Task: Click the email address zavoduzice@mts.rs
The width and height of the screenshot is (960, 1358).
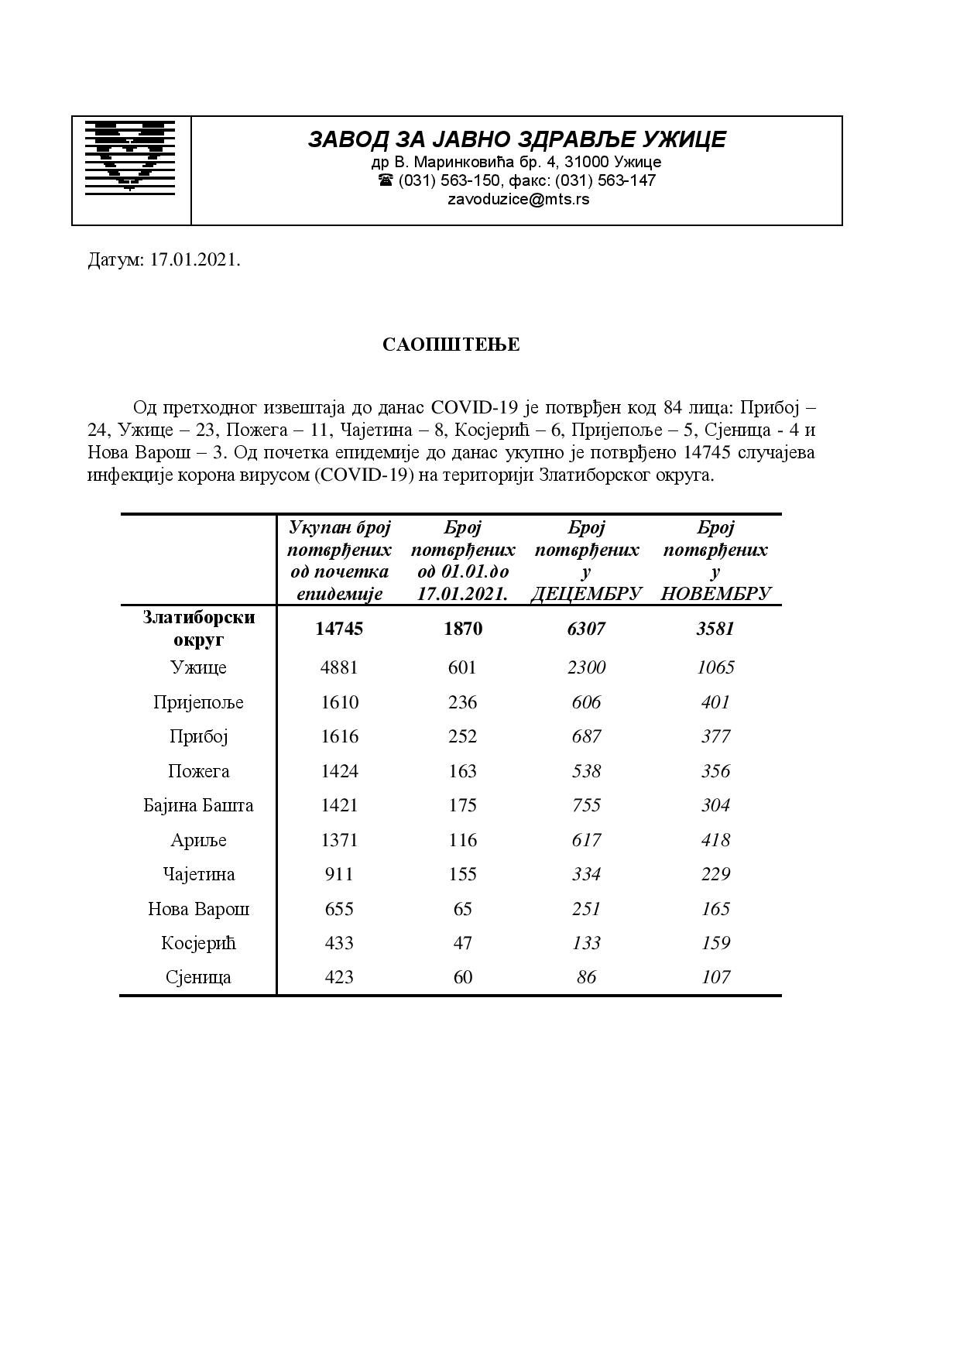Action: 518,199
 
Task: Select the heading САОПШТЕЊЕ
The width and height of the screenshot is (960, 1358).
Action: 451,345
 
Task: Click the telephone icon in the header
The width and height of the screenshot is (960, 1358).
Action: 386,180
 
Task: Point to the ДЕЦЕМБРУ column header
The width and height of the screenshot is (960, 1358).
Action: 586,594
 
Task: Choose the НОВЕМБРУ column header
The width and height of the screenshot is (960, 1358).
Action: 715,594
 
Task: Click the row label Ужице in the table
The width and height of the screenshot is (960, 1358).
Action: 198,667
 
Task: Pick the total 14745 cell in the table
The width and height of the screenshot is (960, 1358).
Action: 339,629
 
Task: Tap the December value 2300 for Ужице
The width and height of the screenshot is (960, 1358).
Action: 586,667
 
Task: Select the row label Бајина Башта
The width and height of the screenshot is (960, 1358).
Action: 198,805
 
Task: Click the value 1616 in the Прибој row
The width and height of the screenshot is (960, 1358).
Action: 339,736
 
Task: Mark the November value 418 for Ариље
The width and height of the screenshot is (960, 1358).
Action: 715,840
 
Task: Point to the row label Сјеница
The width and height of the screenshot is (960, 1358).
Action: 198,977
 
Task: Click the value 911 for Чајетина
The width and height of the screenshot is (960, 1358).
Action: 339,874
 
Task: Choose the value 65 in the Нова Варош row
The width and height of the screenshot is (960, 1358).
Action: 462,909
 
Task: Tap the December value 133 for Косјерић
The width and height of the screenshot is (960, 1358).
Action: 586,943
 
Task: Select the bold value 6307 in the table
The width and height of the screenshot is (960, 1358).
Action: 586,629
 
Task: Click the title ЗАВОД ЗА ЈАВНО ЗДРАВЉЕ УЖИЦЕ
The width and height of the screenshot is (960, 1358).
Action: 517,139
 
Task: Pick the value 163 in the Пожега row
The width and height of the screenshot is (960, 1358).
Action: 462,771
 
